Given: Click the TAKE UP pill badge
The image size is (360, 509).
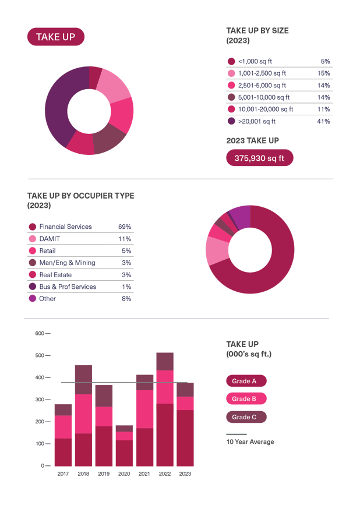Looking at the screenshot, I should [55, 37].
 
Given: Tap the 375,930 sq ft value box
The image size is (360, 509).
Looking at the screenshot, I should [259, 158].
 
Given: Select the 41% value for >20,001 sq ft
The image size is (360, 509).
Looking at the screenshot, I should [323, 122].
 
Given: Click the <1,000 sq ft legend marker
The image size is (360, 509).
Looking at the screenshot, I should [231, 61].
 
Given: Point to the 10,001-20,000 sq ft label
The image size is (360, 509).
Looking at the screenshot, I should [266, 109].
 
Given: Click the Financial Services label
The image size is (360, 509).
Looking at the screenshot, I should [66, 227].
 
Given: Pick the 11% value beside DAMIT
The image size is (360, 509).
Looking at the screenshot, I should [124, 239].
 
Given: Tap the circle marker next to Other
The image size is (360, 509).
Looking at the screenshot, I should [33, 299].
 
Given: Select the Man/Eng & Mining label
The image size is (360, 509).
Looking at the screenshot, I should [67, 263].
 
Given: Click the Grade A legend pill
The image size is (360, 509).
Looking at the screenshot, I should [245, 381].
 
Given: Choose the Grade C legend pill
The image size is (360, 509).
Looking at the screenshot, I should [245, 417].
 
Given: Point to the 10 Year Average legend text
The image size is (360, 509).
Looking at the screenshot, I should [250, 442].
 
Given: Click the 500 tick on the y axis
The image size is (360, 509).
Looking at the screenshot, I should [40, 355].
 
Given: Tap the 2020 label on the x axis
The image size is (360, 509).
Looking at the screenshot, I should [123, 474].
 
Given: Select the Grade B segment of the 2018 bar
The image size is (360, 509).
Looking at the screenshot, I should [83, 413].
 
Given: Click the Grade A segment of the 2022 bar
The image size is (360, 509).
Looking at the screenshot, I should [165, 434].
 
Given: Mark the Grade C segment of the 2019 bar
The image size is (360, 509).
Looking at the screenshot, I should [104, 395].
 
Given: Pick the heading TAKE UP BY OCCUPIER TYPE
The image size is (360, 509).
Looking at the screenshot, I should [80, 196].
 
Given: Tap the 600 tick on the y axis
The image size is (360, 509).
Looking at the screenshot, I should [40, 333].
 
